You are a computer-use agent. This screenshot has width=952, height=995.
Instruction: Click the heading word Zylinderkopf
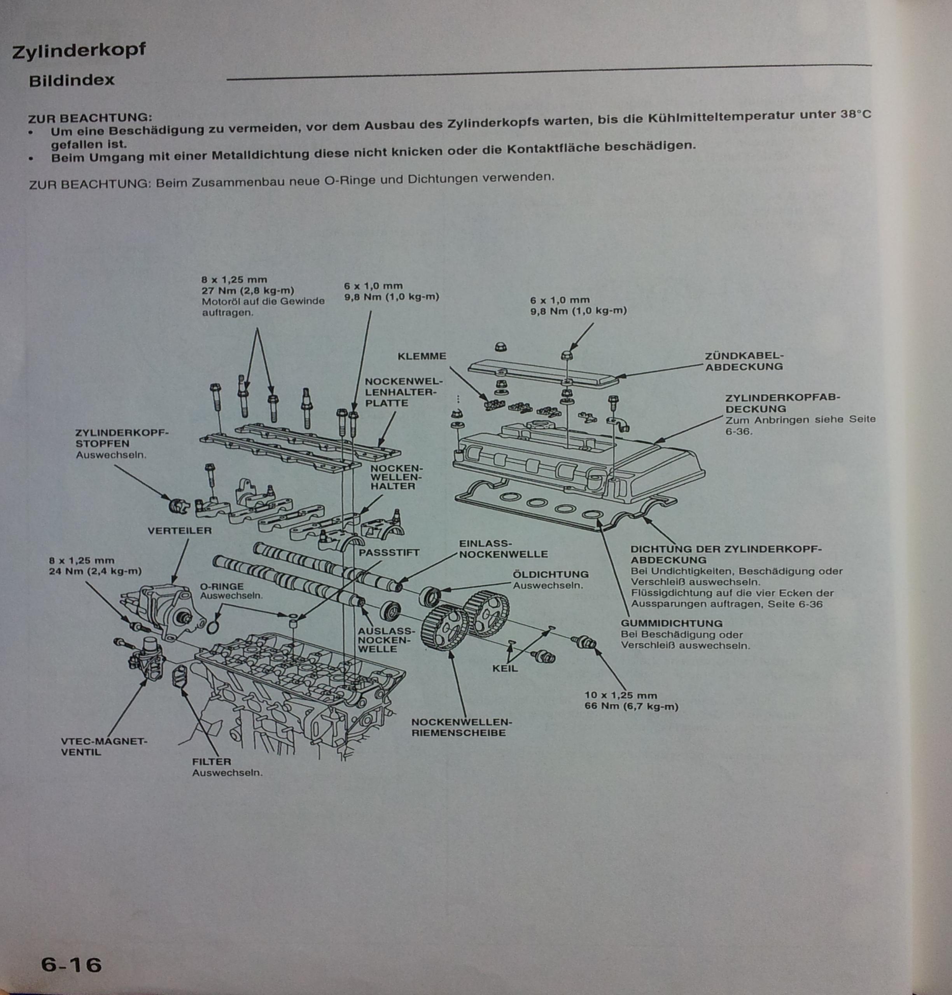(79, 51)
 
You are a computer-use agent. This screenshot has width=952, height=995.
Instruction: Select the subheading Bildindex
(72, 80)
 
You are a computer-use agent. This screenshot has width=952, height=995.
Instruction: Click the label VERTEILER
(179, 531)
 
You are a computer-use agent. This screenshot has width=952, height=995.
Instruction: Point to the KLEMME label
(422, 356)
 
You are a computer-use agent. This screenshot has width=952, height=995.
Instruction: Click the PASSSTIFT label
(389, 552)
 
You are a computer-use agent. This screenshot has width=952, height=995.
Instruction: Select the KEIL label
(505, 669)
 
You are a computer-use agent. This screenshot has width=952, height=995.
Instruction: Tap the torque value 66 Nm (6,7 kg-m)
(631, 707)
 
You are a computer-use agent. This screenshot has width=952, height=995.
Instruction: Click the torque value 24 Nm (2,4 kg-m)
(95, 571)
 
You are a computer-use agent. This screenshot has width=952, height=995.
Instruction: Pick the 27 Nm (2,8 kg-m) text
(248, 291)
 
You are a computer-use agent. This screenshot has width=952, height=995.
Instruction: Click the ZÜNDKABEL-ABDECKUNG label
(744, 361)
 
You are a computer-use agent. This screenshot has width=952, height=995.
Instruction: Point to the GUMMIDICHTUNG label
(671, 623)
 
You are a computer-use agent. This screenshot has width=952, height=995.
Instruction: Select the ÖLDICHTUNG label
(551, 574)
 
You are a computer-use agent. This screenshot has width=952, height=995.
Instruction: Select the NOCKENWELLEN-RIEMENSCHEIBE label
(461, 727)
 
